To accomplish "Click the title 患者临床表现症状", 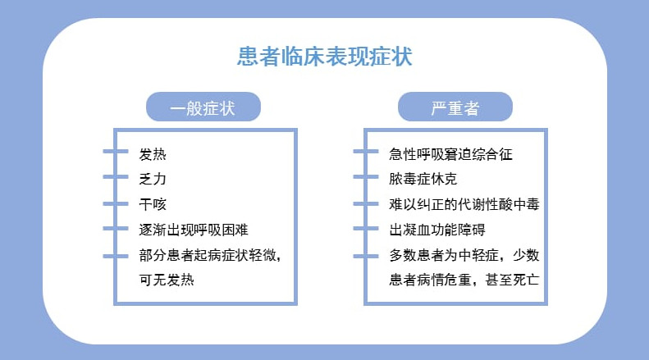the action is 325,57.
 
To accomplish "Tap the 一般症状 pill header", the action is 203,107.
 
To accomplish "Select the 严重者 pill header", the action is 455,107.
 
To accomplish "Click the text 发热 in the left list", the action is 153,154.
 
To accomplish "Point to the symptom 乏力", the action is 153,179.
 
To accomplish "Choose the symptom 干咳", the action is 153,204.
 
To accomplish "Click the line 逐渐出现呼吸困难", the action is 194,230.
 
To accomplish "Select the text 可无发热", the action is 167,280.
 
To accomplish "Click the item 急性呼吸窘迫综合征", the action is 450,154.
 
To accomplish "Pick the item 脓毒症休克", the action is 423,179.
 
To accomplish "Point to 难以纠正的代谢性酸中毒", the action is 464,204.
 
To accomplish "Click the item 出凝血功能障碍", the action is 437,230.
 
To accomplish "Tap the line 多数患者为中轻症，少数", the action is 464,255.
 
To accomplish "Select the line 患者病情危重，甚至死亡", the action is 464,280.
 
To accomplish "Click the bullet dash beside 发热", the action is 116,152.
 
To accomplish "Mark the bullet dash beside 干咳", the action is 116,203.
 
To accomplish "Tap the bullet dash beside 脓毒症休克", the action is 366,177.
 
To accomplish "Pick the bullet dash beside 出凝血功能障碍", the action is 366,229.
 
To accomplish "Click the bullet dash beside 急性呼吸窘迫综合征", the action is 366,152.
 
